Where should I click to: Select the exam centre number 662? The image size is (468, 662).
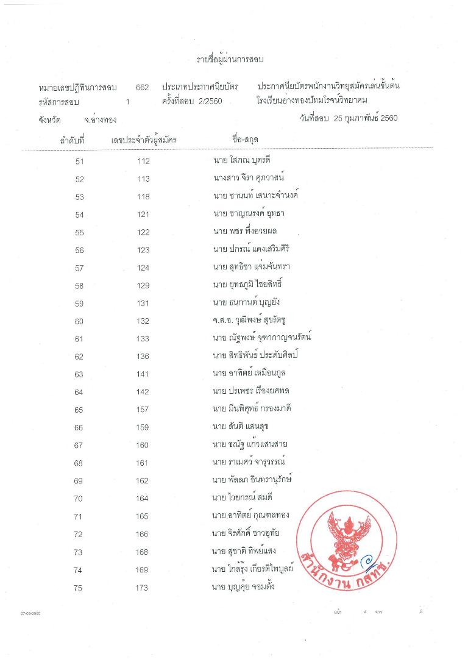143,88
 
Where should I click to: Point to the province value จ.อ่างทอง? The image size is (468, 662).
101,119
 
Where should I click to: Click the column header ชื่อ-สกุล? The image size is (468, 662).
245,140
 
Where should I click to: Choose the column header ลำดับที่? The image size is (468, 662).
71,140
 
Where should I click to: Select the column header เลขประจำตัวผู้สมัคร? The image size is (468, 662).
144,140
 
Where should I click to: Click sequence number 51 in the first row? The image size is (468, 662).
79,162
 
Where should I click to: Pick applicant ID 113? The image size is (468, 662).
144,179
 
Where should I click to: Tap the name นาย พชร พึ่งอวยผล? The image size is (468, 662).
243,232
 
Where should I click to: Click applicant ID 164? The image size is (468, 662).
144,499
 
